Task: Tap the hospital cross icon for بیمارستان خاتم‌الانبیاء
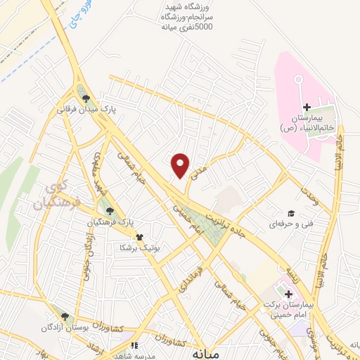point(306,107)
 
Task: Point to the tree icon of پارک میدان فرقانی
point(86,99)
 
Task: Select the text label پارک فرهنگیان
point(110,222)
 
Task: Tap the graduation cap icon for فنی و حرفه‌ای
point(289,213)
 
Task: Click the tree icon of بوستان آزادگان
point(65,318)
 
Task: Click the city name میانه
point(207,354)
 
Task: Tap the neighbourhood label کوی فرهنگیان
point(49,197)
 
